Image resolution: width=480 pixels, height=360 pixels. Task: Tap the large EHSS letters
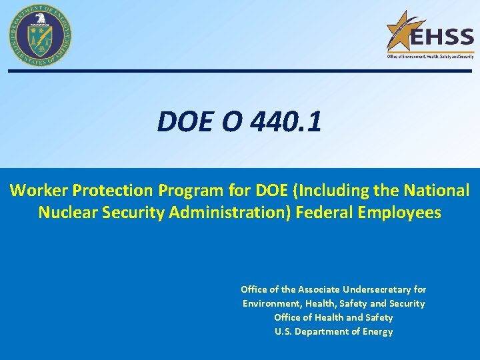(x=441, y=37)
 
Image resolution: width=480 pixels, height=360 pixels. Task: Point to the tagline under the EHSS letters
(x=430, y=57)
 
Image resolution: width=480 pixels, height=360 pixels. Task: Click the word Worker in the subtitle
(x=39, y=191)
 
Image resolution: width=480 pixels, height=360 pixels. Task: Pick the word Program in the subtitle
(x=191, y=191)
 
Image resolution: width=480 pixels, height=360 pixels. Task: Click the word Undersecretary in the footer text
(x=377, y=289)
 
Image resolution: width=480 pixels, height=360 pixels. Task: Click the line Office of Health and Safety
(x=333, y=317)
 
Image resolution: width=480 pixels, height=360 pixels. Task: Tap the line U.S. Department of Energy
(x=333, y=331)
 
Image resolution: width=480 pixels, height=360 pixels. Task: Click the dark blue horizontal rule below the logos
(x=240, y=71)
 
